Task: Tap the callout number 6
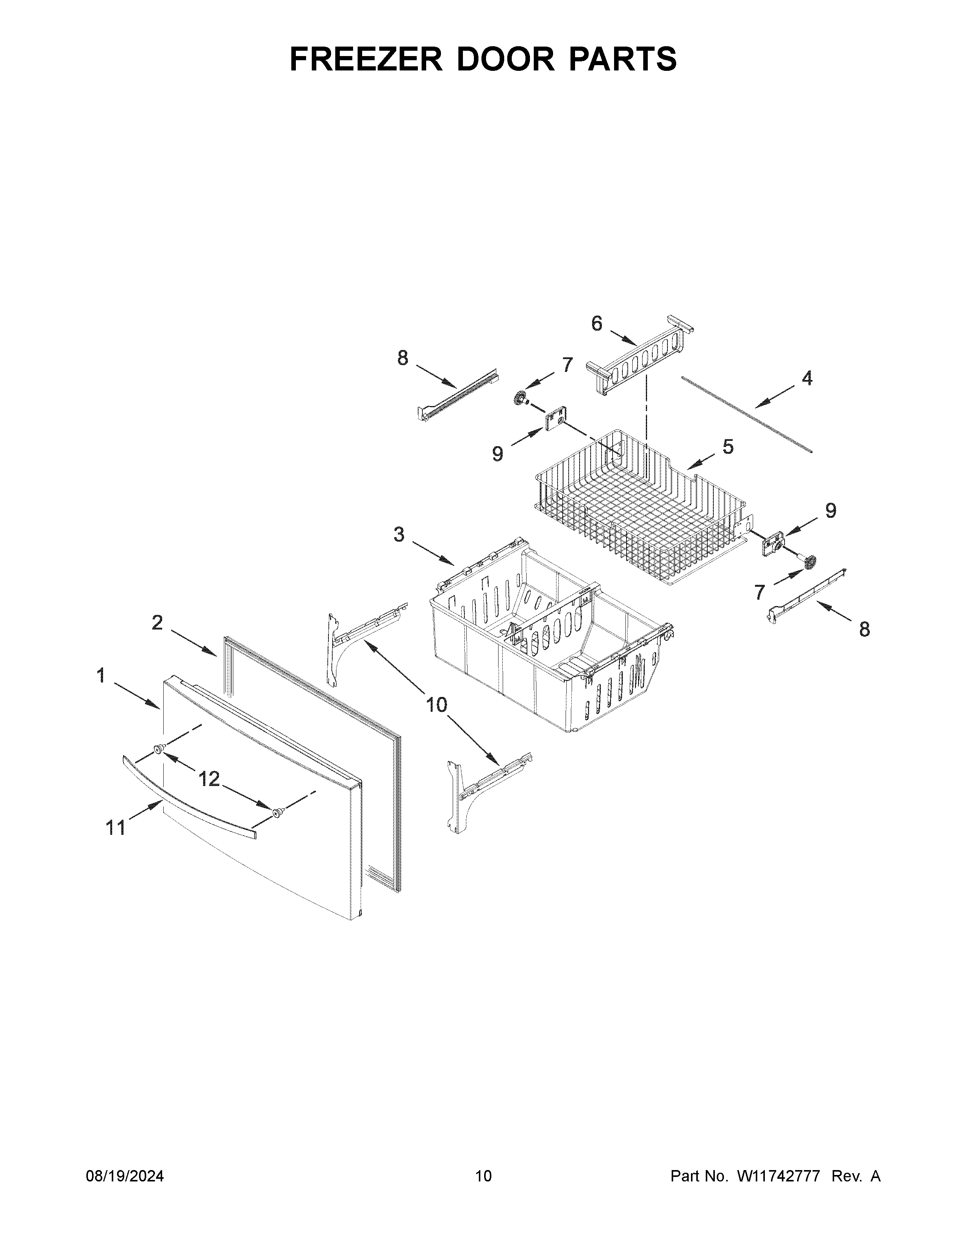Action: point(596,324)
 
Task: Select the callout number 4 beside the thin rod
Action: point(807,378)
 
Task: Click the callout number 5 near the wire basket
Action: point(727,447)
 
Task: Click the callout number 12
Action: point(209,778)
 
